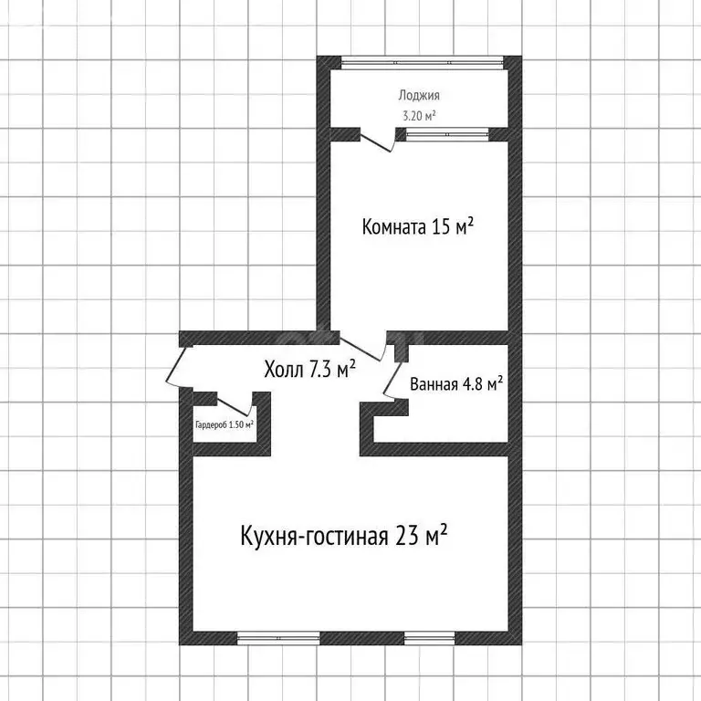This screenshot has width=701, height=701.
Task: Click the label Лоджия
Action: point(419,95)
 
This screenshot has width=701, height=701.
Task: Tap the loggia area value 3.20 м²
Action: point(419,115)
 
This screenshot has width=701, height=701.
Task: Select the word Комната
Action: point(393,226)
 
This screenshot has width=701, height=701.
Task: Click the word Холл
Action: point(284,370)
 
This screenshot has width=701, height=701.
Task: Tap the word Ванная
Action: point(434,384)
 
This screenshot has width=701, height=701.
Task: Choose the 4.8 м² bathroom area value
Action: point(484,384)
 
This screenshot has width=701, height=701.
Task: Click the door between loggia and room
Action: point(378,141)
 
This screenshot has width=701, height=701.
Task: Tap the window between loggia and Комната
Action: point(446,134)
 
